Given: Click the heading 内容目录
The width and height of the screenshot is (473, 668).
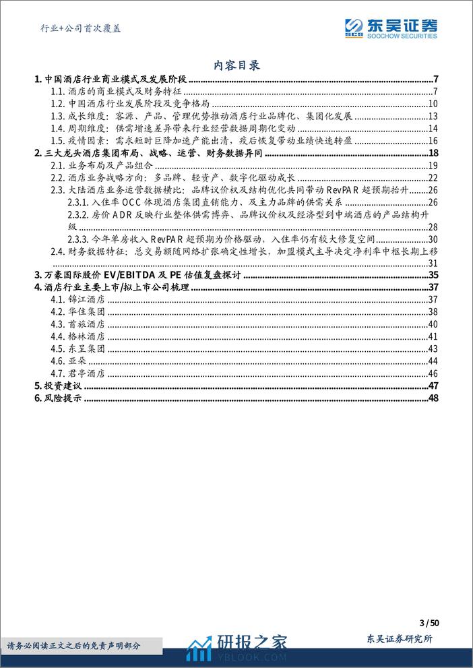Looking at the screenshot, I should (236, 65).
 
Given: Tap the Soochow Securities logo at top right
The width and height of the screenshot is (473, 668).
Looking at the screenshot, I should (391, 28).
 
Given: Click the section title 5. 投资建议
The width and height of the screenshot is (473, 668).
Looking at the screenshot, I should (57, 386).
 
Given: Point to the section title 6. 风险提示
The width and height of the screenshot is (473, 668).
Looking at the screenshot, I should (57, 398).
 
